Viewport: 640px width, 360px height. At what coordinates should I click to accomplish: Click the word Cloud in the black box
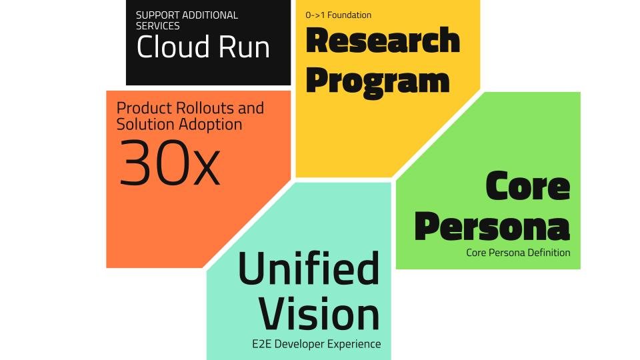pos(172,47)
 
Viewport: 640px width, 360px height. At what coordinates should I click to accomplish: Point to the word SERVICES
pos(158,25)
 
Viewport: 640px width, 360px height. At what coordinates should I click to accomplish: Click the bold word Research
pos(383,41)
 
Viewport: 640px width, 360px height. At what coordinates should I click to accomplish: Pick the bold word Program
pos(377,80)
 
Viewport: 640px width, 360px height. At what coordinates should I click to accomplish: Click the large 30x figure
pos(169,163)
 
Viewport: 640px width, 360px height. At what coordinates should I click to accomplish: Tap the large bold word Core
pos(527,186)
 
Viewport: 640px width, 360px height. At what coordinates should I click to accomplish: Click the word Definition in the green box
pos(548,253)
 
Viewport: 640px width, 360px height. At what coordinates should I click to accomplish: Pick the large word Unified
pos(309,269)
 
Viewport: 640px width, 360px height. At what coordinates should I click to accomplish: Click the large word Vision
pos(319,313)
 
